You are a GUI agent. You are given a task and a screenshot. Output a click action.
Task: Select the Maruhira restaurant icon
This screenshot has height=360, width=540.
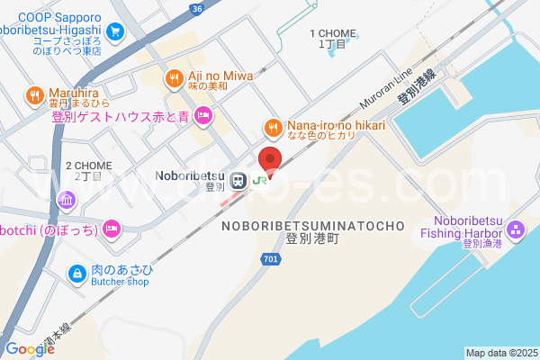click(34, 94)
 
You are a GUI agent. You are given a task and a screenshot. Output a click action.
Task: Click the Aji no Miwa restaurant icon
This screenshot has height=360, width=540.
click(173, 79)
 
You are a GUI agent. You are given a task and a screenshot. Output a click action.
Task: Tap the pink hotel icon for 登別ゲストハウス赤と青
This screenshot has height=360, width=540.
click(203, 115)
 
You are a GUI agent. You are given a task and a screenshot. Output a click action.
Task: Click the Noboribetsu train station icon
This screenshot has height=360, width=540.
click(238, 180)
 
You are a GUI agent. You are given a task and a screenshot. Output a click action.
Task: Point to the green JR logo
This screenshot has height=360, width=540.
click(259, 180)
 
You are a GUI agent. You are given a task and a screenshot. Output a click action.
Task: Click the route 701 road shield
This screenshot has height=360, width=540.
click(271, 258)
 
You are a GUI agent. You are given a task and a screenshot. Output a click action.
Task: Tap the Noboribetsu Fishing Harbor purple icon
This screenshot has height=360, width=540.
click(514, 231)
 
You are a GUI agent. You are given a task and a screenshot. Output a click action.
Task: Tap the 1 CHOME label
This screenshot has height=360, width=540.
click(328, 33)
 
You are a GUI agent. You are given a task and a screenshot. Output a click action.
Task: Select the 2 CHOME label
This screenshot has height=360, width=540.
click(89, 166)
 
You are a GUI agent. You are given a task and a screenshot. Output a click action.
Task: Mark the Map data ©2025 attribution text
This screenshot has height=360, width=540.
click(500, 352)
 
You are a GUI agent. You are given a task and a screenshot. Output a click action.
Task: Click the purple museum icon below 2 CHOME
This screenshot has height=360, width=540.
click(66, 199)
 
